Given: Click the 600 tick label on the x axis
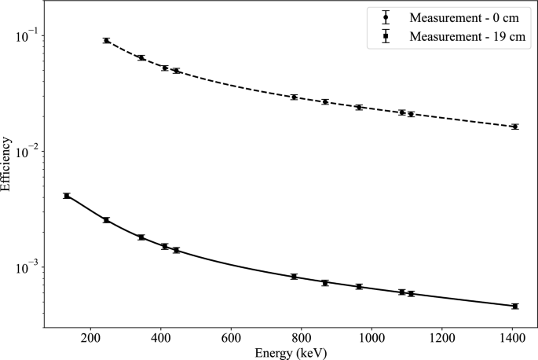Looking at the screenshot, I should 231,338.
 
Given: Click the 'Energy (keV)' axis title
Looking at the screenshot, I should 291,353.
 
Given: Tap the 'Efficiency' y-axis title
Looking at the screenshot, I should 8,165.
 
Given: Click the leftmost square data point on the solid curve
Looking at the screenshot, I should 67,196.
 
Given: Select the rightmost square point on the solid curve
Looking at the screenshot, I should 514,306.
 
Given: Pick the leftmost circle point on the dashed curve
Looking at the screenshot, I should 106,40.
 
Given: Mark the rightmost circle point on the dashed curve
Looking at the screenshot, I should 514,127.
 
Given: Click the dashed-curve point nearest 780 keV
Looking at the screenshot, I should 294,97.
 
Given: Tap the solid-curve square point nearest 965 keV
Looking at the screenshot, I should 359,286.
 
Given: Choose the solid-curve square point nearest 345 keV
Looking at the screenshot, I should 141,237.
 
